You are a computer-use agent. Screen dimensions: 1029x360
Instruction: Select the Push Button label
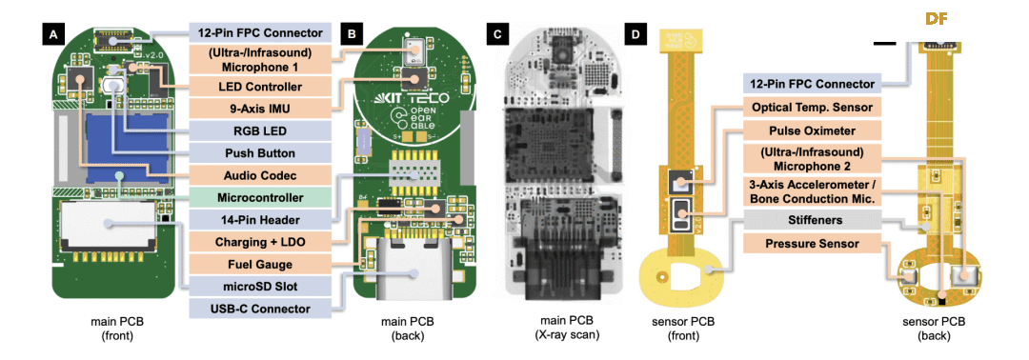pos(260,152)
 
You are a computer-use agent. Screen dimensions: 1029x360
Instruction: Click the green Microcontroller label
pos(260,197)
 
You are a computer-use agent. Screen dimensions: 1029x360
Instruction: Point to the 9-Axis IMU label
pos(260,109)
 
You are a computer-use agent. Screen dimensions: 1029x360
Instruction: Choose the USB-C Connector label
pos(260,309)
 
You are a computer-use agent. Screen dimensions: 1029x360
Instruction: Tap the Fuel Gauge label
pos(260,264)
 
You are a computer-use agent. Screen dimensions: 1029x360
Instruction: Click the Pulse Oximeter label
pos(813,131)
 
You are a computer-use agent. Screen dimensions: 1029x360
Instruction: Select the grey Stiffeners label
pos(813,220)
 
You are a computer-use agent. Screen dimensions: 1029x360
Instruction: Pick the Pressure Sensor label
pos(813,244)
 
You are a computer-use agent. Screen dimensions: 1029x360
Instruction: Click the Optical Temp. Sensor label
pos(813,107)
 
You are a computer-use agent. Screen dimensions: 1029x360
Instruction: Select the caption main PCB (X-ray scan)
pos(565,330)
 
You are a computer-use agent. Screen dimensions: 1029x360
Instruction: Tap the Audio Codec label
pos(260,175)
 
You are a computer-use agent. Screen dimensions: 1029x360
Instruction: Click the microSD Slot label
pos(260,286)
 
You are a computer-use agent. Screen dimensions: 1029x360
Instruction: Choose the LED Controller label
pos(260,86)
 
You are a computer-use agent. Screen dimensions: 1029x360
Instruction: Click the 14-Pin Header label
pos(260,219)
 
